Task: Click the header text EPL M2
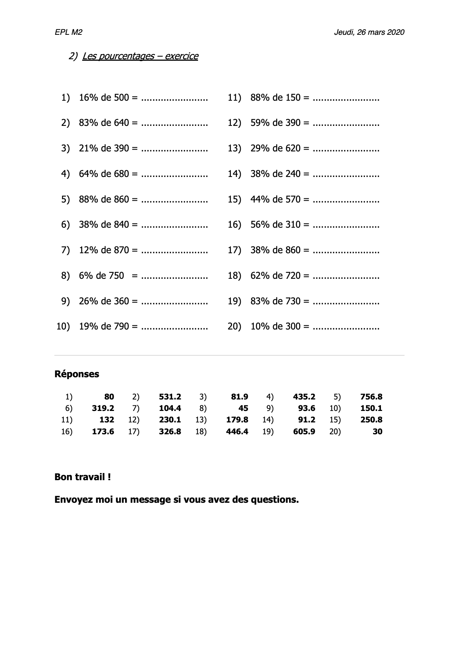pos(68,32)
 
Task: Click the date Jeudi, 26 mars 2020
pos(369,32)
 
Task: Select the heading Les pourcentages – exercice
pos(140,56)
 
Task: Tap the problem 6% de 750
pos(101,275)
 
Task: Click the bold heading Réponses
pos(77,374)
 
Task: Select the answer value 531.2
pos(170,397)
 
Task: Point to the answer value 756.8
pos(371,397)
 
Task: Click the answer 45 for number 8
pos(243,408)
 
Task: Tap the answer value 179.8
pos(237,420)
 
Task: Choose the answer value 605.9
pos(304,431)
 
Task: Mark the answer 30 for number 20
pos(377,431)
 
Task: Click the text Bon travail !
pos(83,477)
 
